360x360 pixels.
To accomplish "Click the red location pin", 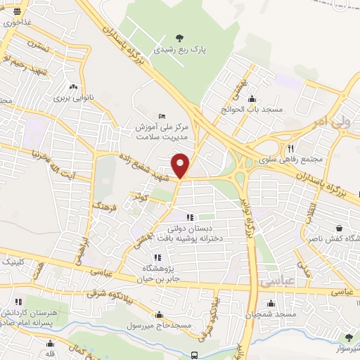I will pyautogui.click(x=181, y=165).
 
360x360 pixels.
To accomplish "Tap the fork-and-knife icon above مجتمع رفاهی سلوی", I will pyautogui.click(x=290, y=148).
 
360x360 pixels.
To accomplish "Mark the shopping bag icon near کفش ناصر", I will pyautogui.click(x=339, y=228).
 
